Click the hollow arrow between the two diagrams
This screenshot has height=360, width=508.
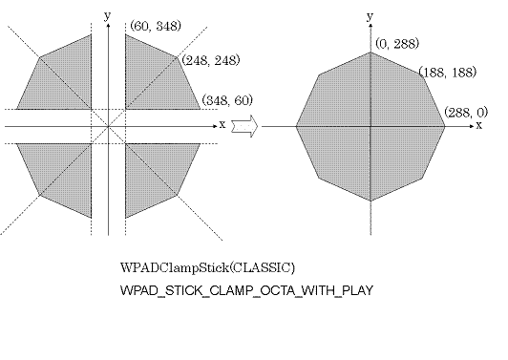tap(245, 125)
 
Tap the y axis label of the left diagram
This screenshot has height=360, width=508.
tap(111, 15)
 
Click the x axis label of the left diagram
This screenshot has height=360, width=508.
tap(222, 124)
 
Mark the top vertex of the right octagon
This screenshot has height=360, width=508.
tap(370, 51)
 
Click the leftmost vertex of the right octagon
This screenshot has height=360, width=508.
tap(296, 125)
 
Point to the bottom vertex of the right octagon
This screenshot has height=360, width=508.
tap(370, 200)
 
